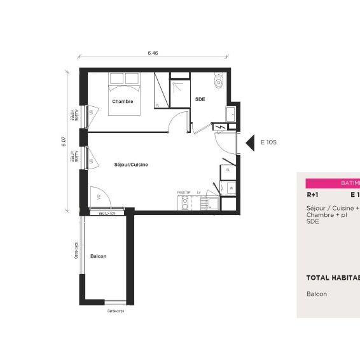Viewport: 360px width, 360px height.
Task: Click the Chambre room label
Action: pos(122,102)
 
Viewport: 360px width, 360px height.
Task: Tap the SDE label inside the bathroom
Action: pos(200,99)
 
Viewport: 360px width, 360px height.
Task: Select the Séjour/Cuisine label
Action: pos(131,164)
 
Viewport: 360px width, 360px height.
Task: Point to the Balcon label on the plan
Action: pos(98,256)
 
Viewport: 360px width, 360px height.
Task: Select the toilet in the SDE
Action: pos(219,81)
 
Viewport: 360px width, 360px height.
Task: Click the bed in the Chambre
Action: pos(124,94)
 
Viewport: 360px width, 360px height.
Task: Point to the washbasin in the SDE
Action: pos(230,114)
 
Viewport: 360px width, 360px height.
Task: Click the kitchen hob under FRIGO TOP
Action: pos(185,204)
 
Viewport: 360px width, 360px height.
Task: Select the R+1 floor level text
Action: pos(312,195)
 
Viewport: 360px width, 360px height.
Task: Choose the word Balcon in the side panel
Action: pos(316,294)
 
